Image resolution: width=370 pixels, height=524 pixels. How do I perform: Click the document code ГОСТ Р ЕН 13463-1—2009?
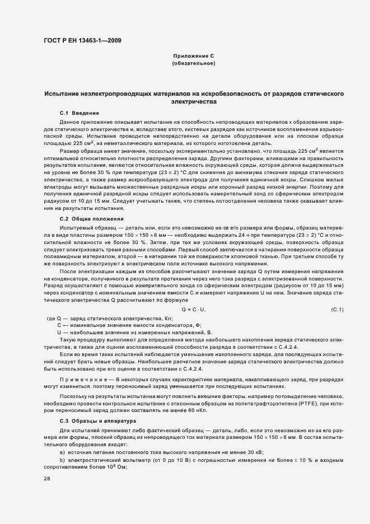click(82, 40)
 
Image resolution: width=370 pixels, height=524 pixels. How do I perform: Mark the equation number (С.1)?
click(337, 310)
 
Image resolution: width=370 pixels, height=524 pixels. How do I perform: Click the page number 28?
click(46, 479)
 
